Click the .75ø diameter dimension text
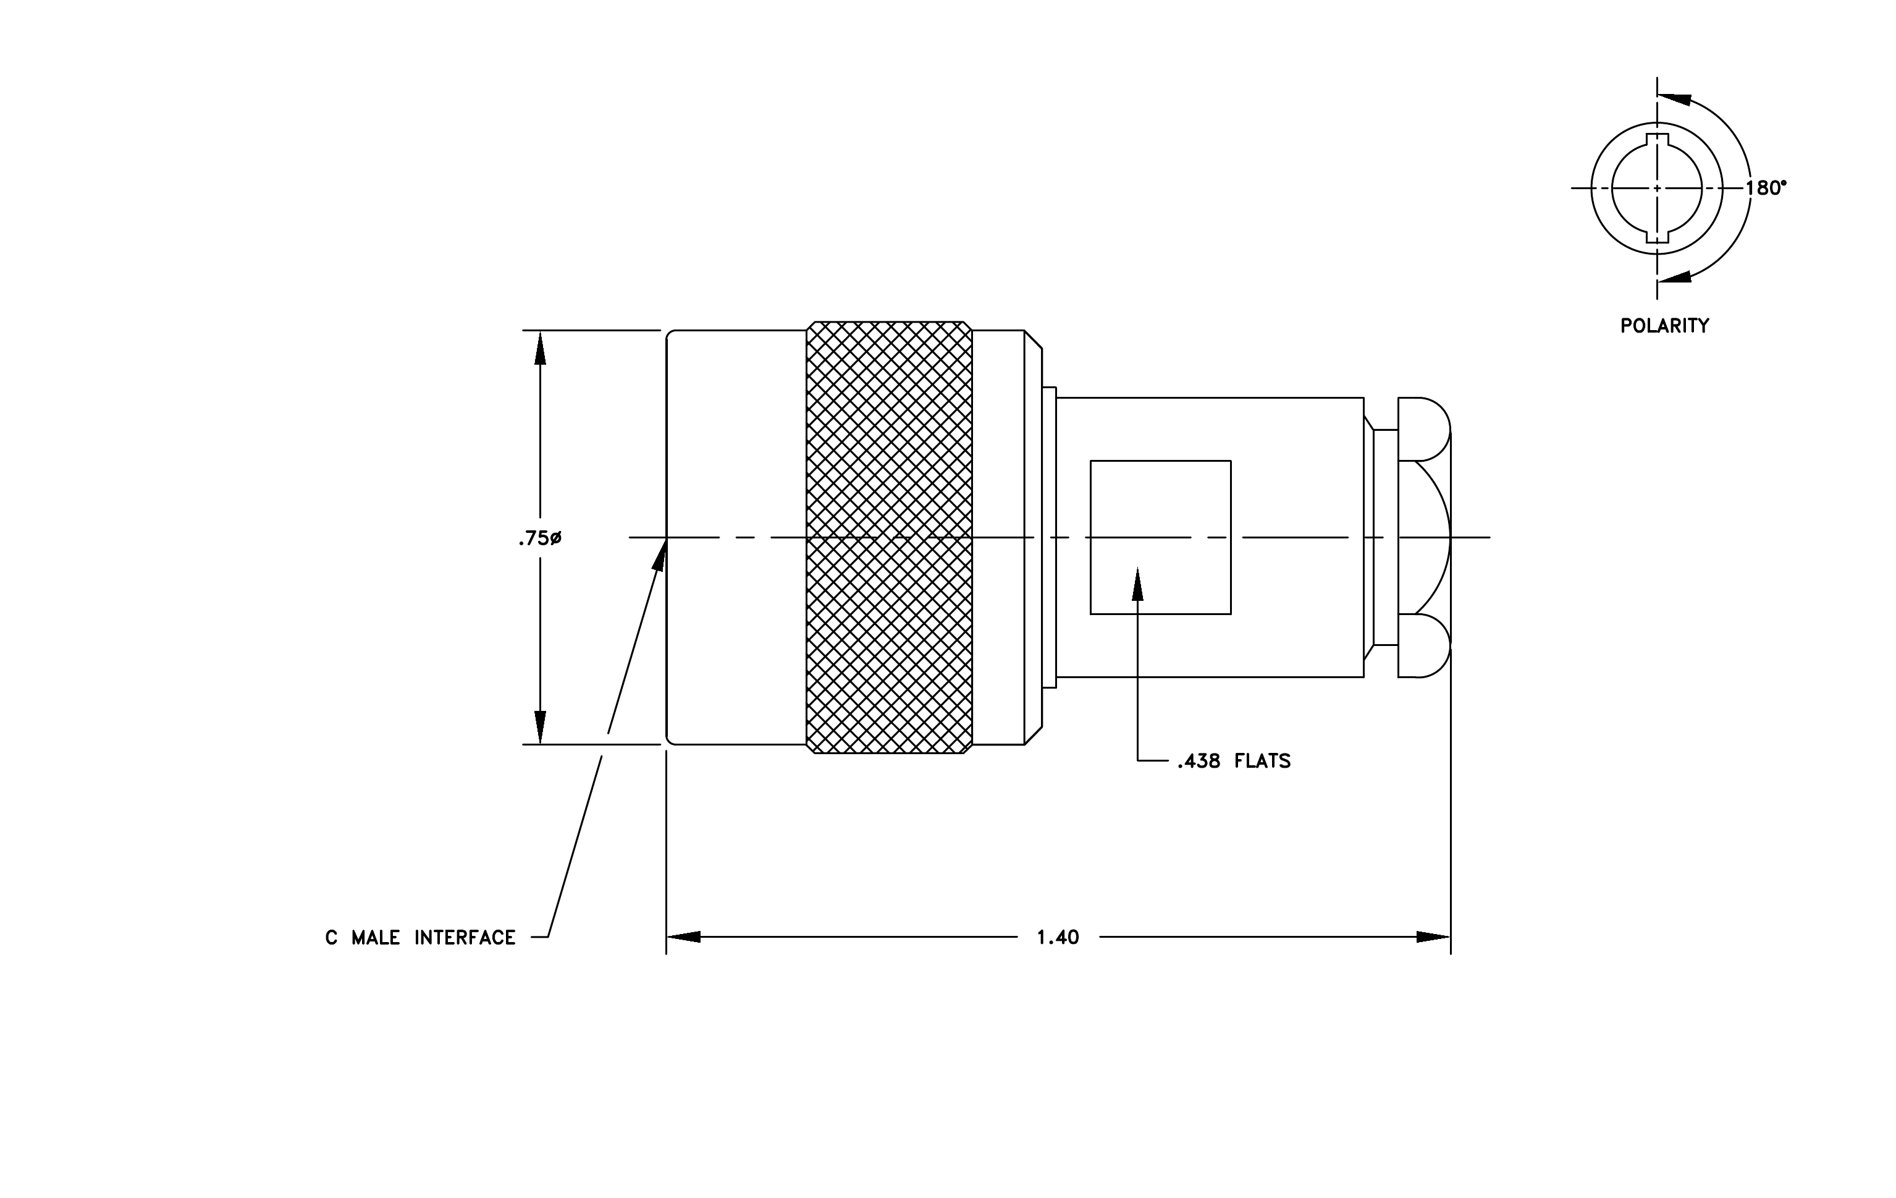click(539, 539)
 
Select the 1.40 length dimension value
click(1058, 937)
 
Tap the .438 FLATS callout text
click(1234, 761)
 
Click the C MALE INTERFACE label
click(421, 937)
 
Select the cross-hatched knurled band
click(889, 537)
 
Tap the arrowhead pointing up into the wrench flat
click(1138, 584)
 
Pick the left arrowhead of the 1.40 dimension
click(683, 937)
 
